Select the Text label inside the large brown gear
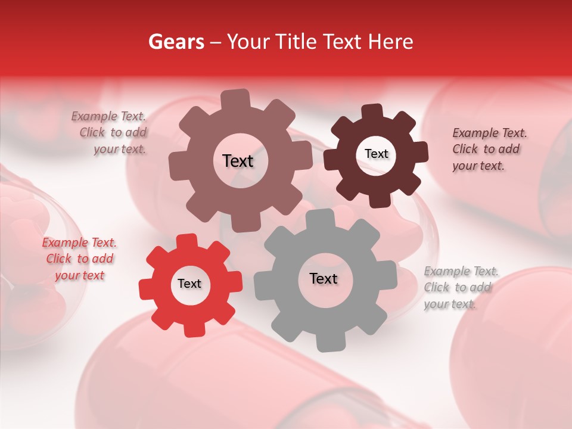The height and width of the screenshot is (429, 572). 238,161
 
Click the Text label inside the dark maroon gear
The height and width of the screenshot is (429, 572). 376,154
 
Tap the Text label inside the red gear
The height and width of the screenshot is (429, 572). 189,284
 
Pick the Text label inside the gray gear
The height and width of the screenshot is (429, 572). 324,278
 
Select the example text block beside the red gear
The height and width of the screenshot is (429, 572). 79,259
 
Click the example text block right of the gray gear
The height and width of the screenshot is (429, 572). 461,288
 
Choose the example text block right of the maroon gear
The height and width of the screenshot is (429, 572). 489,149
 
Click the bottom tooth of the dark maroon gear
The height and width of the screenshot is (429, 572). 380,200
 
